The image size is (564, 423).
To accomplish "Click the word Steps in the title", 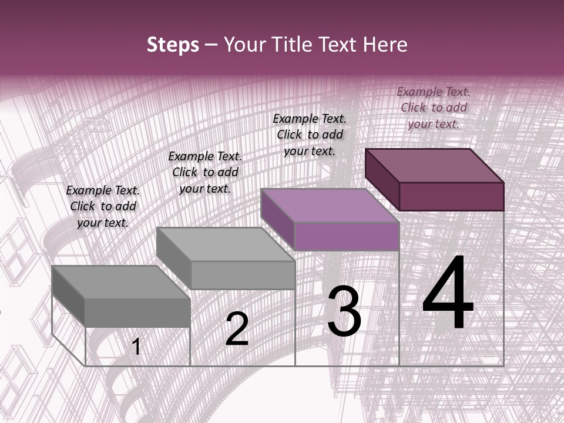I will (x=173, y=45).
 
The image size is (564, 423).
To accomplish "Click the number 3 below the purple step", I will (x=344, y=311).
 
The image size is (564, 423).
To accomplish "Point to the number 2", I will (x=237, y=329).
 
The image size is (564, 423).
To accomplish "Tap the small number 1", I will (x=136, y=347).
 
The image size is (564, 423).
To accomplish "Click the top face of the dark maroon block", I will (x=435, y=165).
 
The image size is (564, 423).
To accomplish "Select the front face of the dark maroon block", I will (x=451, y=196).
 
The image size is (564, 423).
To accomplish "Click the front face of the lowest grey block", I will (x=137, y=312).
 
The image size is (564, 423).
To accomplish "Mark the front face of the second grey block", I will (x=242, y=275).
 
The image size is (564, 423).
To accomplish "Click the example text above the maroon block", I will (x=434, y=108).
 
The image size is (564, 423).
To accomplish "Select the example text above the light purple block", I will (x=310, y=135).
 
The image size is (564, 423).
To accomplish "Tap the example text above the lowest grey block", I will (x=103, y=206).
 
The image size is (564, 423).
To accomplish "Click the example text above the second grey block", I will (x=205, y=172).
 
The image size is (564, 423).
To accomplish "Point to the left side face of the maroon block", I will (x=382, y=179).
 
